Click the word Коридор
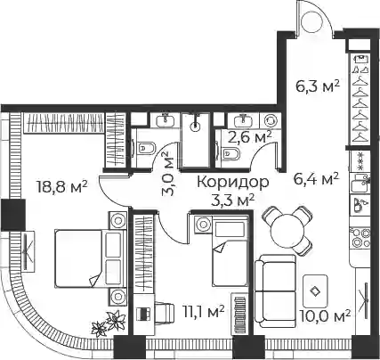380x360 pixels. pyautogui.click(x=233, y=183)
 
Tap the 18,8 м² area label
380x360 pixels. pyautogui.click(x=61, y=187)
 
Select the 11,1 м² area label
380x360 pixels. pyautogui.click(x=203, y=313)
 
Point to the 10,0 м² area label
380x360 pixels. pyautogui.click(x=325, y=316)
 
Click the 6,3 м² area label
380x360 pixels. pyautogui.click(x=318, y=86)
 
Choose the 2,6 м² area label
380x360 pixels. pyautogui.click(x=249, y=137)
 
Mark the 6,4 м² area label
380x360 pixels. pyautogui.click(x=316, y=178)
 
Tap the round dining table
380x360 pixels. pyautogui.click(x=287, y=230)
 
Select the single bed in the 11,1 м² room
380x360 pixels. pyautogui.click(x=230, y=251)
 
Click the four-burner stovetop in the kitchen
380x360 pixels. pyautogui.click(x=360, y=238)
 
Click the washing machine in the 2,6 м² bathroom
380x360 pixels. pyautogui.click(x=270, y=121)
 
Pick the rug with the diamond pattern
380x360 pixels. pyautogui.click(x=315, y=291)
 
